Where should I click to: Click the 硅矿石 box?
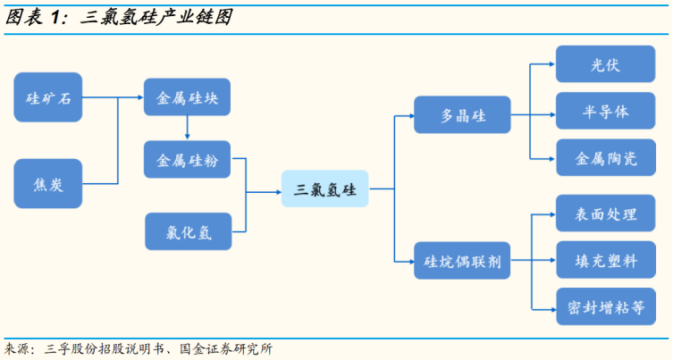[48, 97]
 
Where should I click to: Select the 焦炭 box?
[48, 184]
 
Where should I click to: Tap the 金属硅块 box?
[187, 97]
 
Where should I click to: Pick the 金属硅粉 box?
[187, 160]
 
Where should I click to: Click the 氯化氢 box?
[189, 231]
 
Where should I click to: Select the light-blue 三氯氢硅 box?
[325, 188]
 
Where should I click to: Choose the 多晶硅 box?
[462, 114]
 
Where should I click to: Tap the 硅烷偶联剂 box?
[462, 261]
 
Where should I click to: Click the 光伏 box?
[606, 64]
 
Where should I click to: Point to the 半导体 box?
[606, 111]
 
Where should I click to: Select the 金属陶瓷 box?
[606, 157]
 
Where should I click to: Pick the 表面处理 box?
[606, 213]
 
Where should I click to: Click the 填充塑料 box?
[606, 260]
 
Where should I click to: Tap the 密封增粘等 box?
[606, 306]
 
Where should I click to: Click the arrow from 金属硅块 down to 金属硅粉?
[187, 128]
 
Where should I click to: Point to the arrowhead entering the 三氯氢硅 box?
[279, 192]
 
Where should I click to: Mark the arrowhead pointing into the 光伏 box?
[553, 64]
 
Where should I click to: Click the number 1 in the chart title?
[54, 18]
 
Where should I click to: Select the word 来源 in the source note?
[13, 348]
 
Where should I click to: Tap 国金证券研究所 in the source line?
[226, 348]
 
